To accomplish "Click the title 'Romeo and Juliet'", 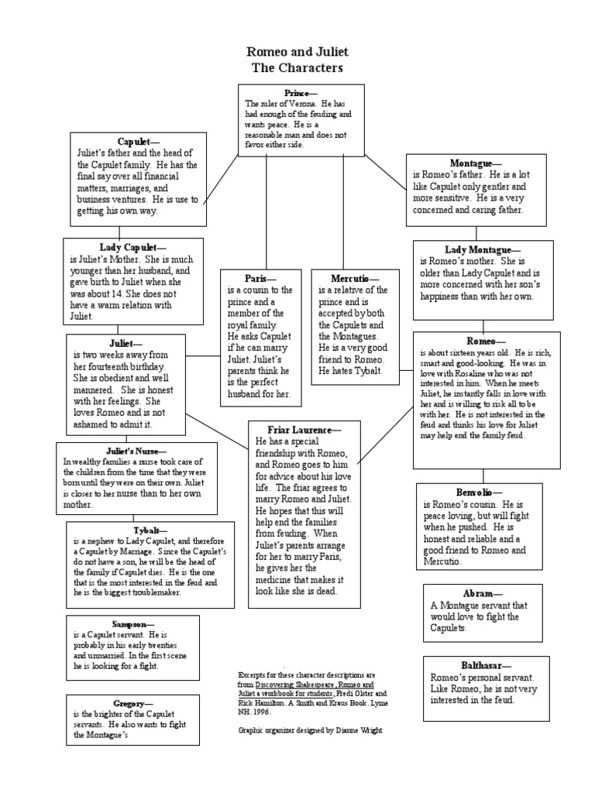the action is [297, 52].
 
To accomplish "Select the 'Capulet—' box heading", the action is [138, 142].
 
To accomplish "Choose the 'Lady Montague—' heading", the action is [482, 250].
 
